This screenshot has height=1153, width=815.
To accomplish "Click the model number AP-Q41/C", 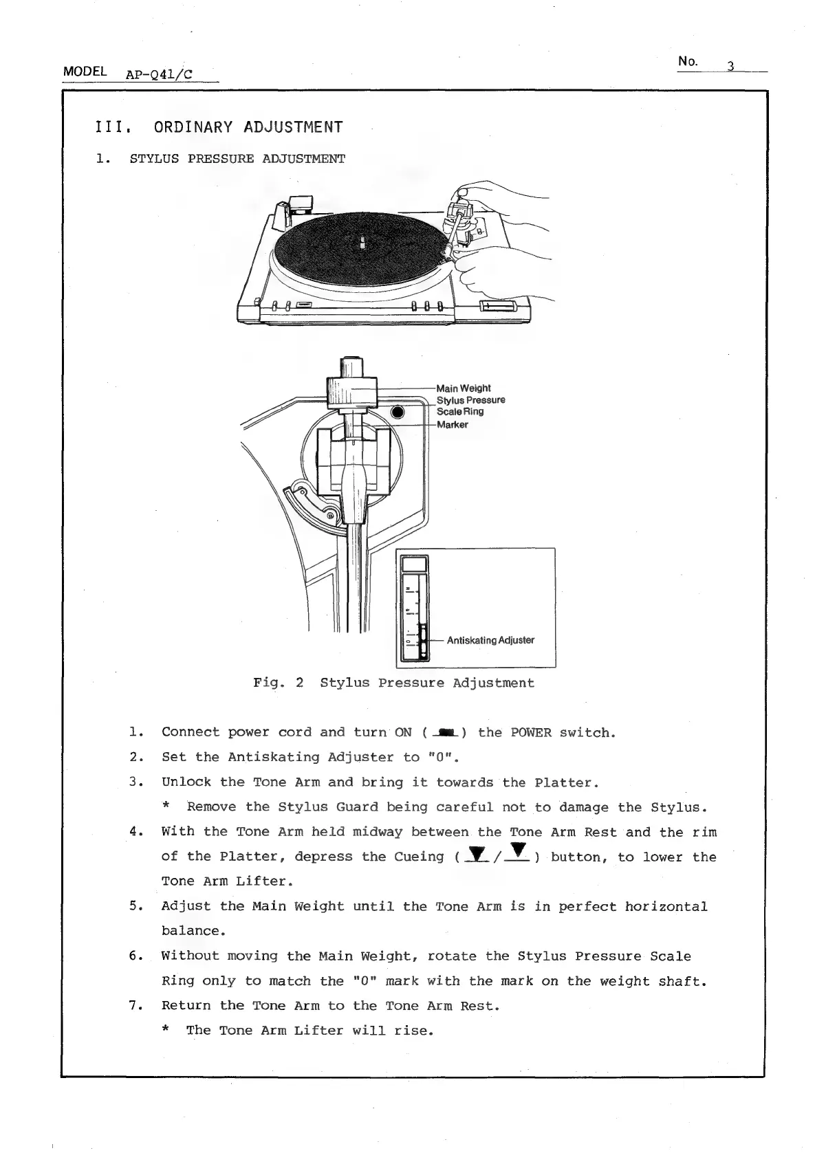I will point(159,74).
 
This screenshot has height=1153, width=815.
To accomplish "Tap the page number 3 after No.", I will point(731,67).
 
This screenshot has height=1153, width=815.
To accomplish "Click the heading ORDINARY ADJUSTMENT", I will point(248,127).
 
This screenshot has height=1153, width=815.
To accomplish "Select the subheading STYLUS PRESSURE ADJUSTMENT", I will point(237,159).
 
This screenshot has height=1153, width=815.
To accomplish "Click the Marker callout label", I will point(453,425).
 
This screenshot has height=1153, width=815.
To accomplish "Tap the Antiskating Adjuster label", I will point(490,640).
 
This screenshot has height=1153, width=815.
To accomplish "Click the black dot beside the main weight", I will point(398,413).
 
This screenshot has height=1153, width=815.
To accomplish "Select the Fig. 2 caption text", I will point(393,683).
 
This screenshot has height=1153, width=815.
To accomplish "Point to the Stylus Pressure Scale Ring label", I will point(470,406).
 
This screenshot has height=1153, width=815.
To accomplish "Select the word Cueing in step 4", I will point(419,857).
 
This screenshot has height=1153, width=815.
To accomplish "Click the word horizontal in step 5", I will point(666,906).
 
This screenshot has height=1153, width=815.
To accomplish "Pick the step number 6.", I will point(135,956).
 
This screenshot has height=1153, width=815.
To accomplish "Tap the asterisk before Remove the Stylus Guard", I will point(165,807).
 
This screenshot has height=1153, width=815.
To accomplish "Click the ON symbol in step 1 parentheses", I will point(446,733).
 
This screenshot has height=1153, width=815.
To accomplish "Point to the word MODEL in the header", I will point(85,72).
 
